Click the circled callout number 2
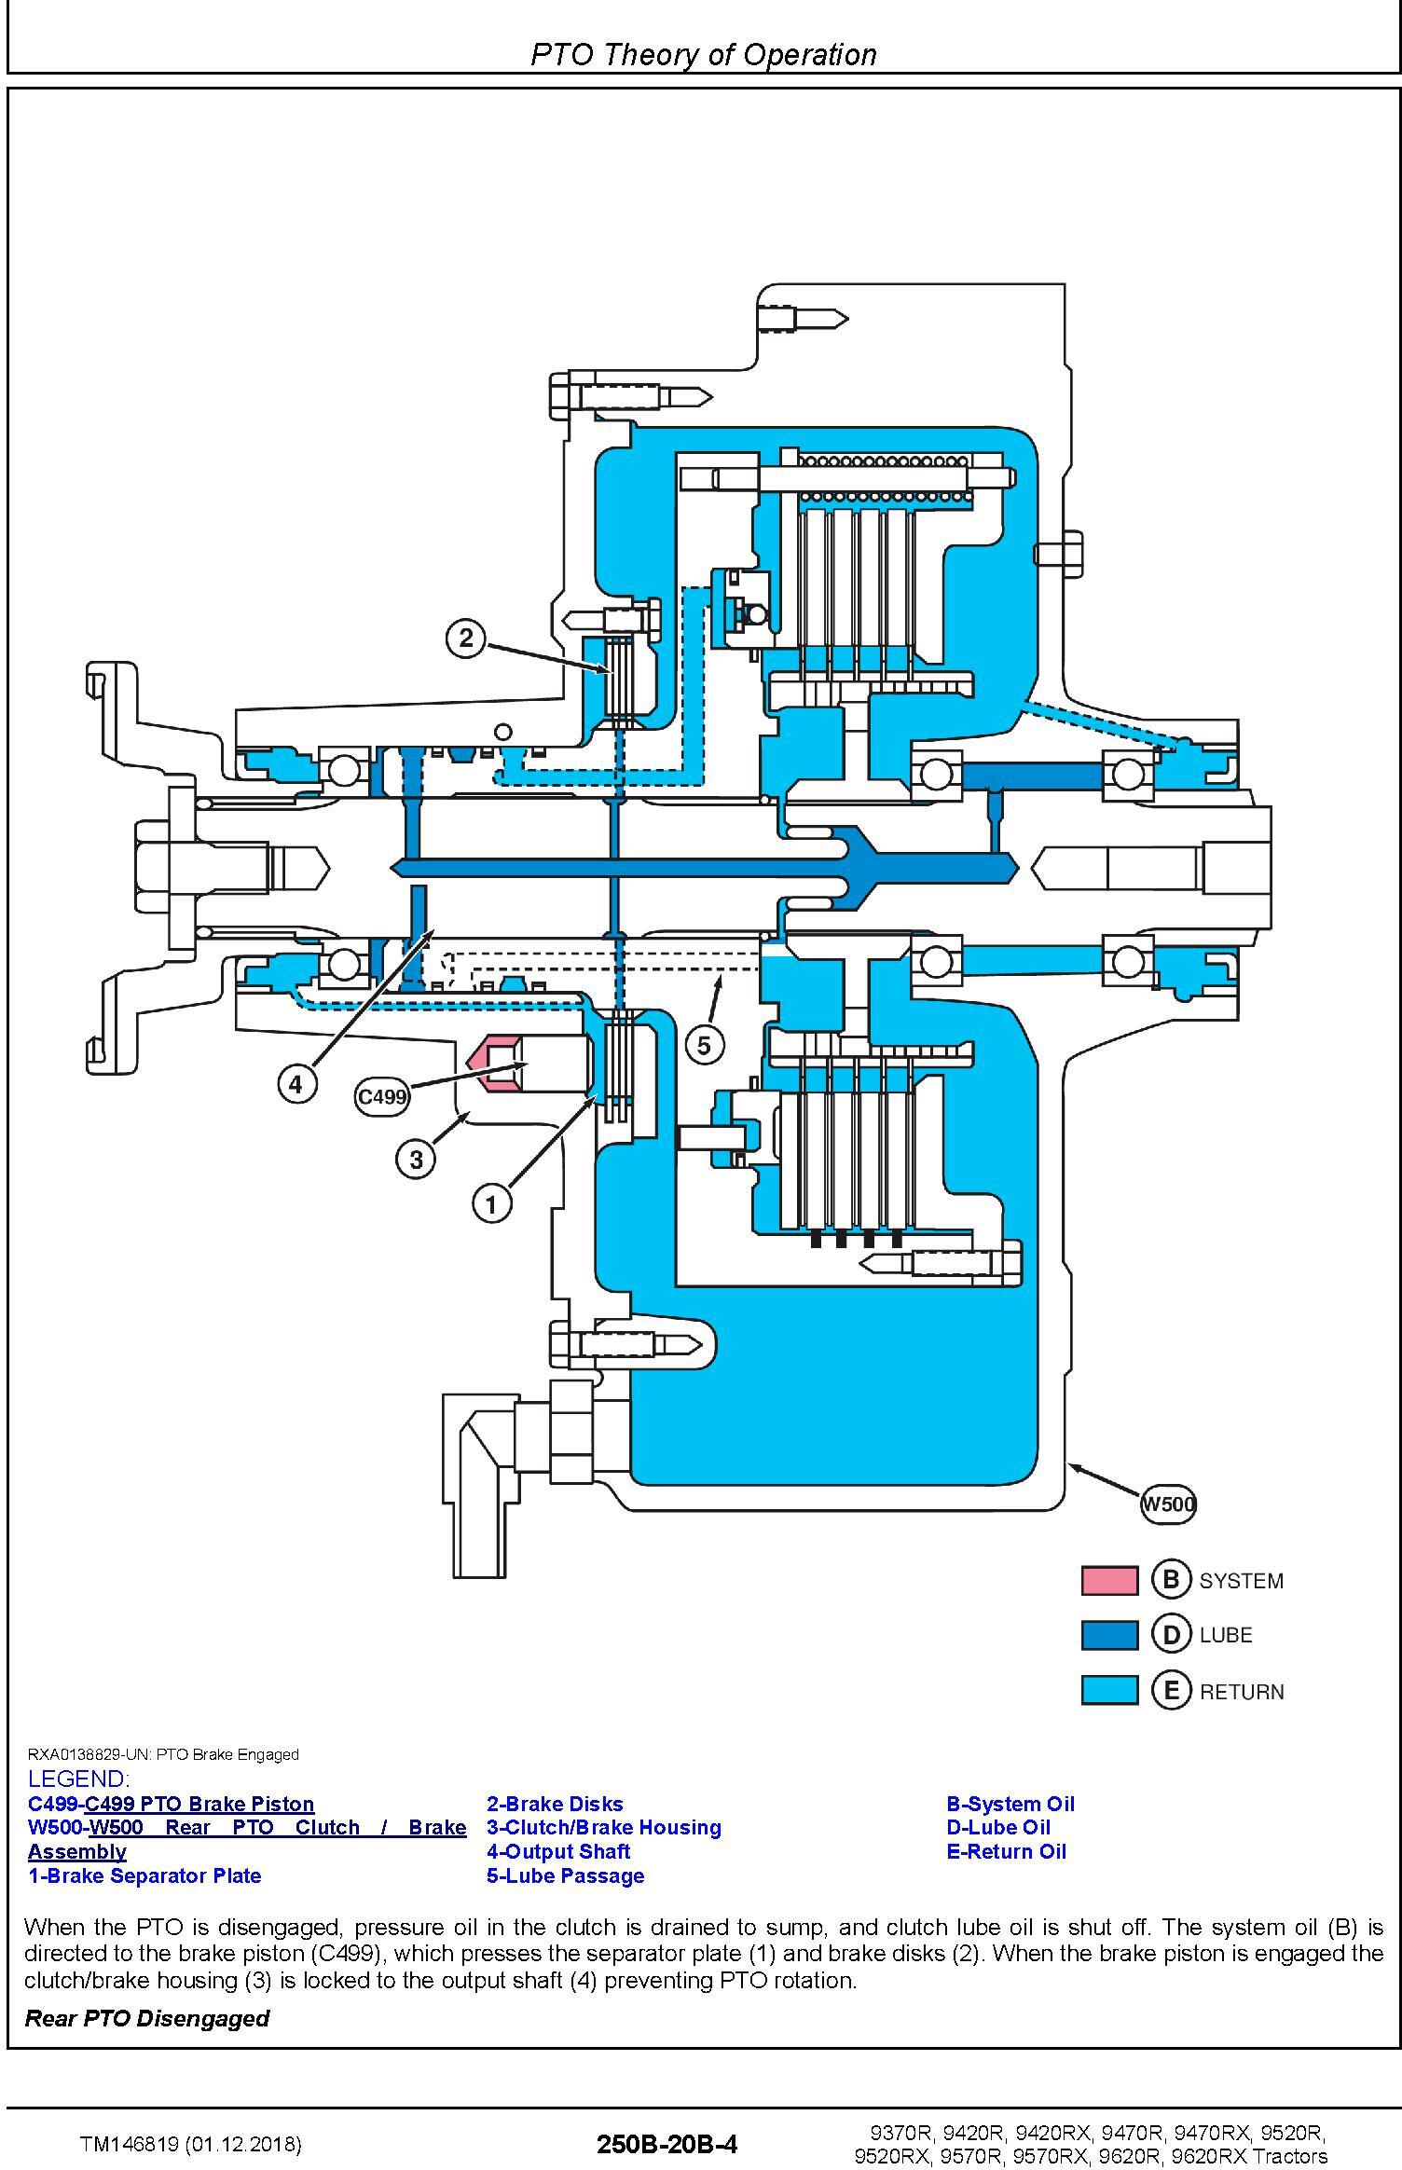coord(466,639)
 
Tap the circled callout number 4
coord(296,1084)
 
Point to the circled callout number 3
coord(416,1159)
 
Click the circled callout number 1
coord(491,1203)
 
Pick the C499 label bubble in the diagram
coord(382,1096)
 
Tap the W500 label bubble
coord(1168,1504)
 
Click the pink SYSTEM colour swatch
coord(1109,1580)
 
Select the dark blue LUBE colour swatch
coord(1109,1635)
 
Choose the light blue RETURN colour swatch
coord(1109,1690)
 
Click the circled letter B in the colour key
coord(1172,1579)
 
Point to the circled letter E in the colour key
coord(1172,1690)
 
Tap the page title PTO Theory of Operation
coord(704,55)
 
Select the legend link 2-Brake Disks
coord(555,1804)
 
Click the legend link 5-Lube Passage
coord(565,1875)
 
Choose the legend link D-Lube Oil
coord(998,1827)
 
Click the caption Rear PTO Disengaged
coord(146,2018)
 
